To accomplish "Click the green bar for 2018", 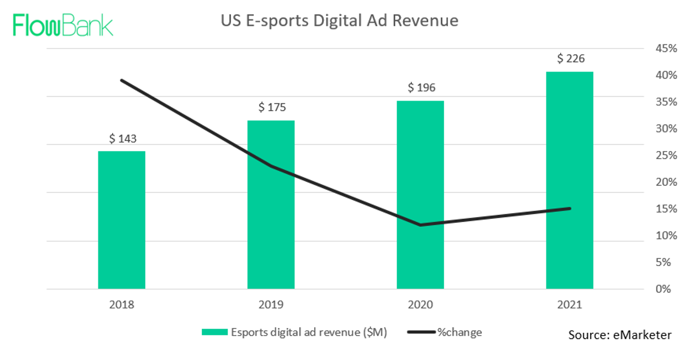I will point(122,220).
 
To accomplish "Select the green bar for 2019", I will point(271,204).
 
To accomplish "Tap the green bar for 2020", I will point(420,194).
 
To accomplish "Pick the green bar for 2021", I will point(569,180).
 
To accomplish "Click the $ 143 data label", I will point(123,139).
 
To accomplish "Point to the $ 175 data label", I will point(272,108).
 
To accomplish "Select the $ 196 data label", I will point(422,88).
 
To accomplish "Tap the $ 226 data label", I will point(571,59).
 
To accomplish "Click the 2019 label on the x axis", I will point(271,305).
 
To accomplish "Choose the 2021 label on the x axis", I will point(569,305).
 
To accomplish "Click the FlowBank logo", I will point(63,25).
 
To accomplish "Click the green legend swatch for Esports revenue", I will point(214,332).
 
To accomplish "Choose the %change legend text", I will point(459,332).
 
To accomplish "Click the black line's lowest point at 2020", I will point(420,225).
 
